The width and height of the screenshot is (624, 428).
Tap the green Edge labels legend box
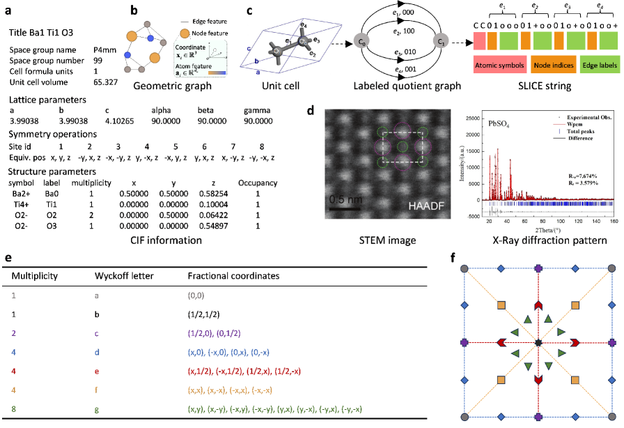599,66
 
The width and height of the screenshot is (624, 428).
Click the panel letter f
454,257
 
